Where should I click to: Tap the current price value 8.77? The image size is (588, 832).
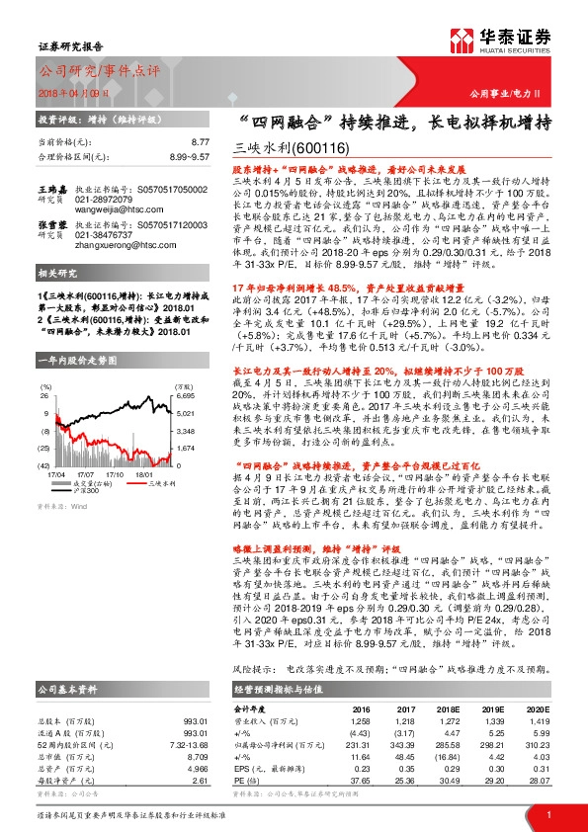point(201,143)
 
